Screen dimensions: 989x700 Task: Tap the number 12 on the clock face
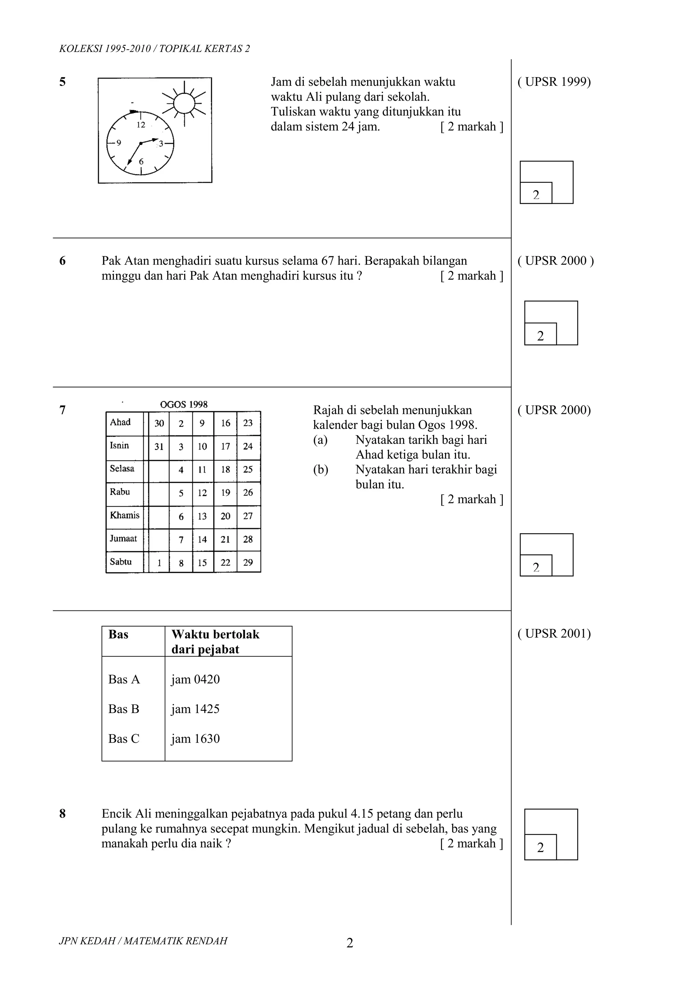tap(141, 125)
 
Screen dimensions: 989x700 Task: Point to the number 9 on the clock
tap(119, 143)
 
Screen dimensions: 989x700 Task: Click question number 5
tap(63, 82)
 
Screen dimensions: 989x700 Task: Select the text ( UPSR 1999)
tap(554, 82)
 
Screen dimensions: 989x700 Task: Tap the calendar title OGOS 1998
tap(184, 404)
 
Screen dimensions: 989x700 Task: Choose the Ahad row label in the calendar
tap(120, 423)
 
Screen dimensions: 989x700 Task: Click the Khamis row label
tap(124, 516)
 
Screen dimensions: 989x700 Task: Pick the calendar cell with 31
tap(159, 447)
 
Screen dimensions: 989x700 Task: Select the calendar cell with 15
tap(202, 563)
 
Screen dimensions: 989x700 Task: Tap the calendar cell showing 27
tap(248, 516)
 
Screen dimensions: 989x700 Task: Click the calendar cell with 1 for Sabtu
tap(159, 563)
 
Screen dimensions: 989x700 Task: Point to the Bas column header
tap(119, 634)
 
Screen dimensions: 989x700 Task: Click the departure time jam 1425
tap(195, 709)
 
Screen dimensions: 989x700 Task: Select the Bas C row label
tap(124, 739)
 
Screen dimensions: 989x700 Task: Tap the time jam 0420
tap(195, 679)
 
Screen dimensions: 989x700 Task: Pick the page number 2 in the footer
tap(350, 943)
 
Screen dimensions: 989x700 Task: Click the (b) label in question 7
tap(321, 470)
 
